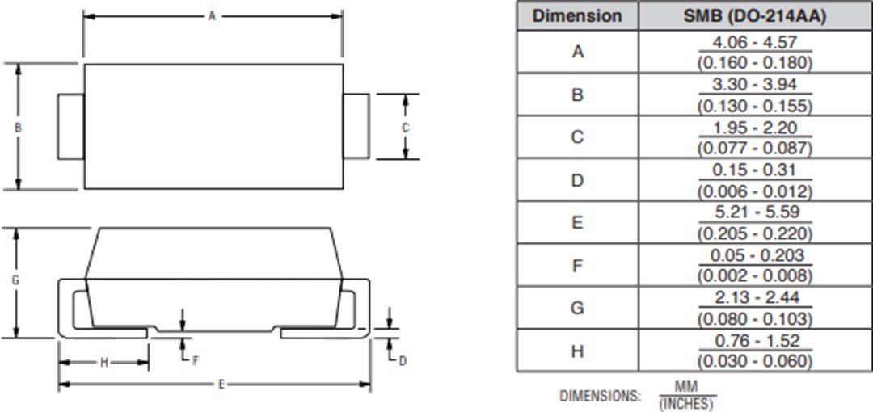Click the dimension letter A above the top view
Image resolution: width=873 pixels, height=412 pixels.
pos(213,15)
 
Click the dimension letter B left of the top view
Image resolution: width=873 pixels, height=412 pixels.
pos(18,128)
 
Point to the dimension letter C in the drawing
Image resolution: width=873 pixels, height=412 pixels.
pos(406,128)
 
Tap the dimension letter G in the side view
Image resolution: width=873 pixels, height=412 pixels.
pos(15,281)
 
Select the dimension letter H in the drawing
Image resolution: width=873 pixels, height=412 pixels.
pos(103,363)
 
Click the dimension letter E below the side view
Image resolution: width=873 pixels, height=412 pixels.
pos(221,385)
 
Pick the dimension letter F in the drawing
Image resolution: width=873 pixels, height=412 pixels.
pos(195,360)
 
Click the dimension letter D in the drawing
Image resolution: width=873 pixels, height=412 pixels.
pos(403,360)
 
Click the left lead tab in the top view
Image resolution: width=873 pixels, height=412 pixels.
pos(71,127)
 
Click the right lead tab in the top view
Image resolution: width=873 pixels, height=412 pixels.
pos(356,127)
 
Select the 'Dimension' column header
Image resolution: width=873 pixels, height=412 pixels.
pos(577,16)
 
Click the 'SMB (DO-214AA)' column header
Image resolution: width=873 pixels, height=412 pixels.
pos(754,16)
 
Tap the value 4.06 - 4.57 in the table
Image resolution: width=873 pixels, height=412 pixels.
pos(754,42)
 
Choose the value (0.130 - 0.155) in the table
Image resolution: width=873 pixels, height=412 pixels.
pos(754,105)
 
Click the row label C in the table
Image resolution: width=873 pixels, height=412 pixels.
pos(577,137)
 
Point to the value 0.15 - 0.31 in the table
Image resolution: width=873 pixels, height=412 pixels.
pos(754,170)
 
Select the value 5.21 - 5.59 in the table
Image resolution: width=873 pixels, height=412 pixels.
pos(754,213)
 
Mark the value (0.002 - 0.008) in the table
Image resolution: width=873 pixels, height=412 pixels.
pos(754,275)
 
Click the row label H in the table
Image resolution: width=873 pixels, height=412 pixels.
pos(577,351)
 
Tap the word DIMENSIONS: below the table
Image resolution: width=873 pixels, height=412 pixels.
pos(600,396)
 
